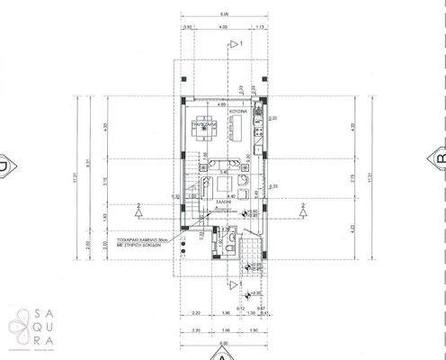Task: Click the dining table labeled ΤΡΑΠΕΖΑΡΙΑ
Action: pos(205,127)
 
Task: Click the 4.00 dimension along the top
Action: pos(221,27)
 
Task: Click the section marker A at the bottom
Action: pos(225,355)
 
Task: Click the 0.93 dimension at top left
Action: pos(188,27)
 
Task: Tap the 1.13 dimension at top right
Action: pos(260,27)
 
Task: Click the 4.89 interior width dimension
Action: pos(222,104)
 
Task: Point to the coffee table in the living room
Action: pos(222,184)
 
